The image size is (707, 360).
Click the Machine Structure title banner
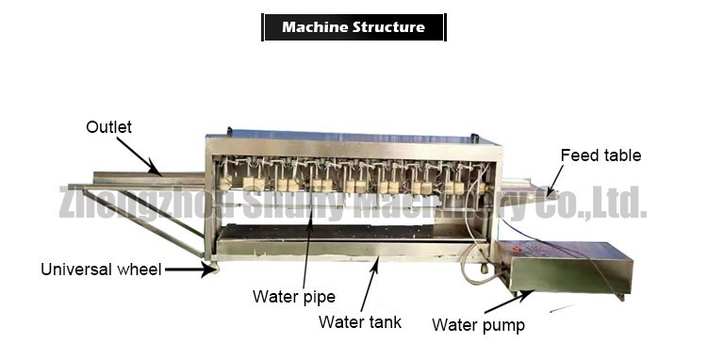click(353, 27)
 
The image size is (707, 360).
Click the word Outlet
click(109, 126)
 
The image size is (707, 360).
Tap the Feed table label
click(600, 155)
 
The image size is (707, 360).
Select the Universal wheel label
click(100, 270)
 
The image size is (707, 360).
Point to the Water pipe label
click(293, 297)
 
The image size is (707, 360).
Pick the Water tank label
click(360, 322)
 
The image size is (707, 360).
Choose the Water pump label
click(478, 326)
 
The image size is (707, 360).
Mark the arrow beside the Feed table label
click(555, 179)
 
